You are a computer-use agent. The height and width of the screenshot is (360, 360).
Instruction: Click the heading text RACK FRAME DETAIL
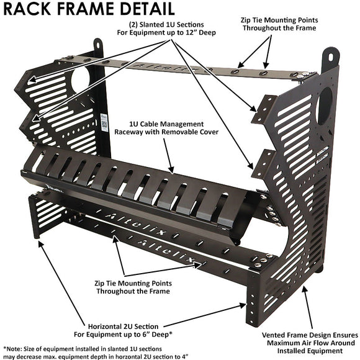88,9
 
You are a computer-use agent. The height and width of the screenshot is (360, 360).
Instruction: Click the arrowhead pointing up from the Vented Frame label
305,290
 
